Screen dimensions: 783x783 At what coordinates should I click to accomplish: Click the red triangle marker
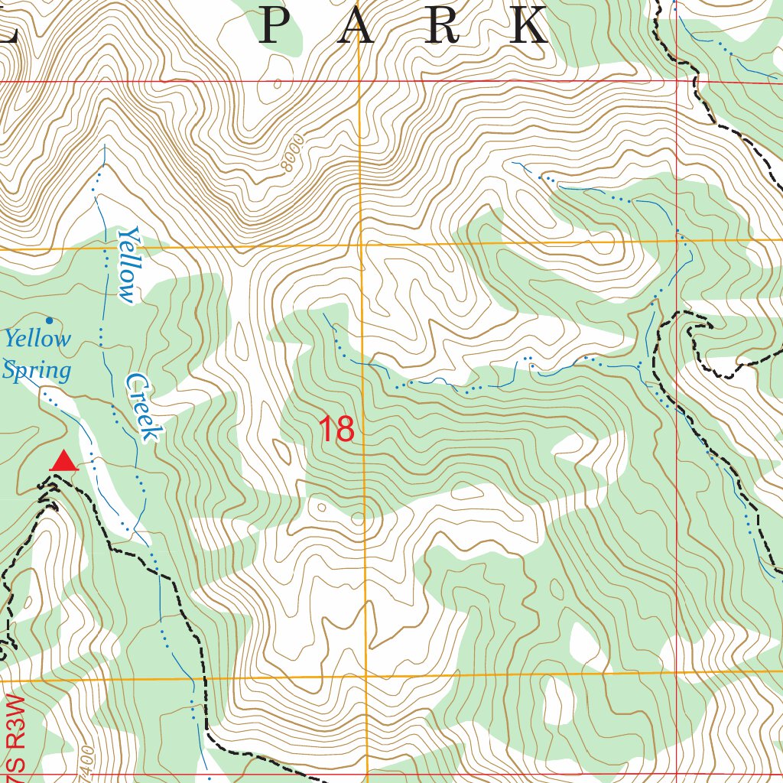(63, 461)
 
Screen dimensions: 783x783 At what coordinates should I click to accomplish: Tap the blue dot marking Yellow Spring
(50, 320)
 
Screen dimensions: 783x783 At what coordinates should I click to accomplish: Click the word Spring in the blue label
(36, 372)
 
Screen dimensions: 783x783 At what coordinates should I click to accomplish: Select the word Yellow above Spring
(37, 338)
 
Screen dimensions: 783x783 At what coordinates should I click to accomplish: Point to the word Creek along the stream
(144, 407)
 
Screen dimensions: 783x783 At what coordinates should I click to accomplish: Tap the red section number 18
(336, 430)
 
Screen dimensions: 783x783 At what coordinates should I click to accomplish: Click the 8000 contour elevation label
(294, 156)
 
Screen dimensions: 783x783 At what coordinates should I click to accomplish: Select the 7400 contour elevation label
(86, 762)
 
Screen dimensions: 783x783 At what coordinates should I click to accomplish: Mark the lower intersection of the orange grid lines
(366, 676)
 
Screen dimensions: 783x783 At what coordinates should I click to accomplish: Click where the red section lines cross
(677, 81)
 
